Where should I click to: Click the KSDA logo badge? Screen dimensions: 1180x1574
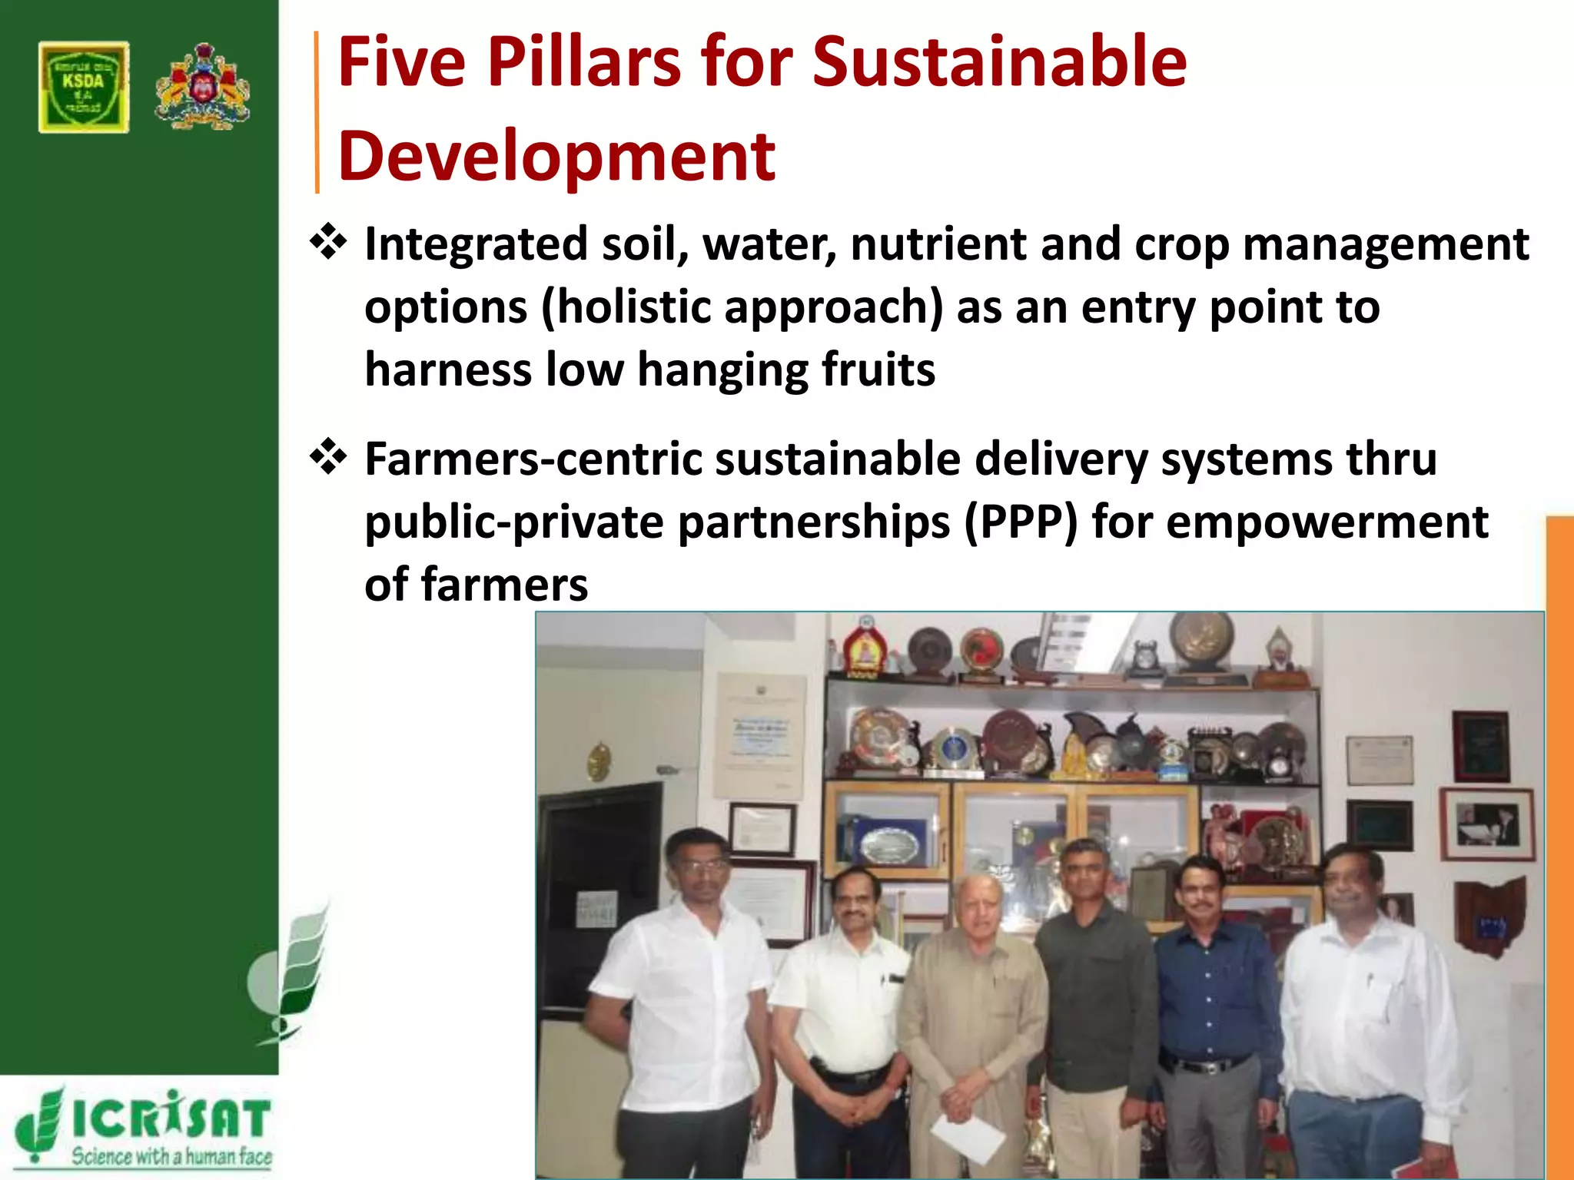tap(84, 88)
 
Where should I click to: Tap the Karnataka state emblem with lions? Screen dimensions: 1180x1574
tap(202, 86)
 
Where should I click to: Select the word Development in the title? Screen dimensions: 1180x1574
tap(556, 157)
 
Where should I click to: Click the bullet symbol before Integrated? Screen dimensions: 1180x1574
tap(328, 242)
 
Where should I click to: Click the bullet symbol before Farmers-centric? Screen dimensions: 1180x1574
tap(328, 457)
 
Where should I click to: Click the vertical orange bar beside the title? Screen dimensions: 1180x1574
tap(317, 112)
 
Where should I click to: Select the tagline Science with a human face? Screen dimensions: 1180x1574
tap(171, 1155)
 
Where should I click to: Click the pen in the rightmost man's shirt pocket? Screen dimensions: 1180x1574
tap(1370, 982)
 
